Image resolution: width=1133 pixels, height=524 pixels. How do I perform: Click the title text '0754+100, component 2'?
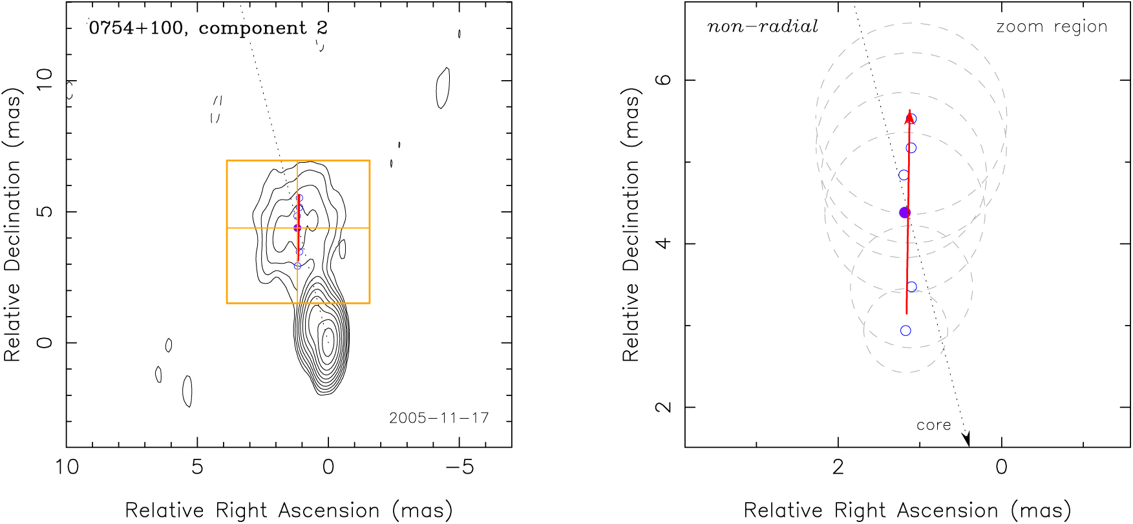click(208, 28)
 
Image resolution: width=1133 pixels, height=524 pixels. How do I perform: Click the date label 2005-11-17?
click(439, 418)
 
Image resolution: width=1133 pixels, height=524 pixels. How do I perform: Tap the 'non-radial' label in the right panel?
click(763, 26)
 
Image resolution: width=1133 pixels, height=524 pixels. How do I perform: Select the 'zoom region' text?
click(1052, 27)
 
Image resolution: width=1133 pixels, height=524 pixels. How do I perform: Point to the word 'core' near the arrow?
click(934, 425)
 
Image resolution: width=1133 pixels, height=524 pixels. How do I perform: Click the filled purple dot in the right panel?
click(905, 213)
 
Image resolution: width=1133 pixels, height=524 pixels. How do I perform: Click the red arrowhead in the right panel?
click(909, 116)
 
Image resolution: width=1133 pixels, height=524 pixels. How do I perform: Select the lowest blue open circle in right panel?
click(905, 331)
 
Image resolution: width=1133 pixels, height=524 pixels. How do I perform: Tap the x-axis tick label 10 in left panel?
click(67, 466)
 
